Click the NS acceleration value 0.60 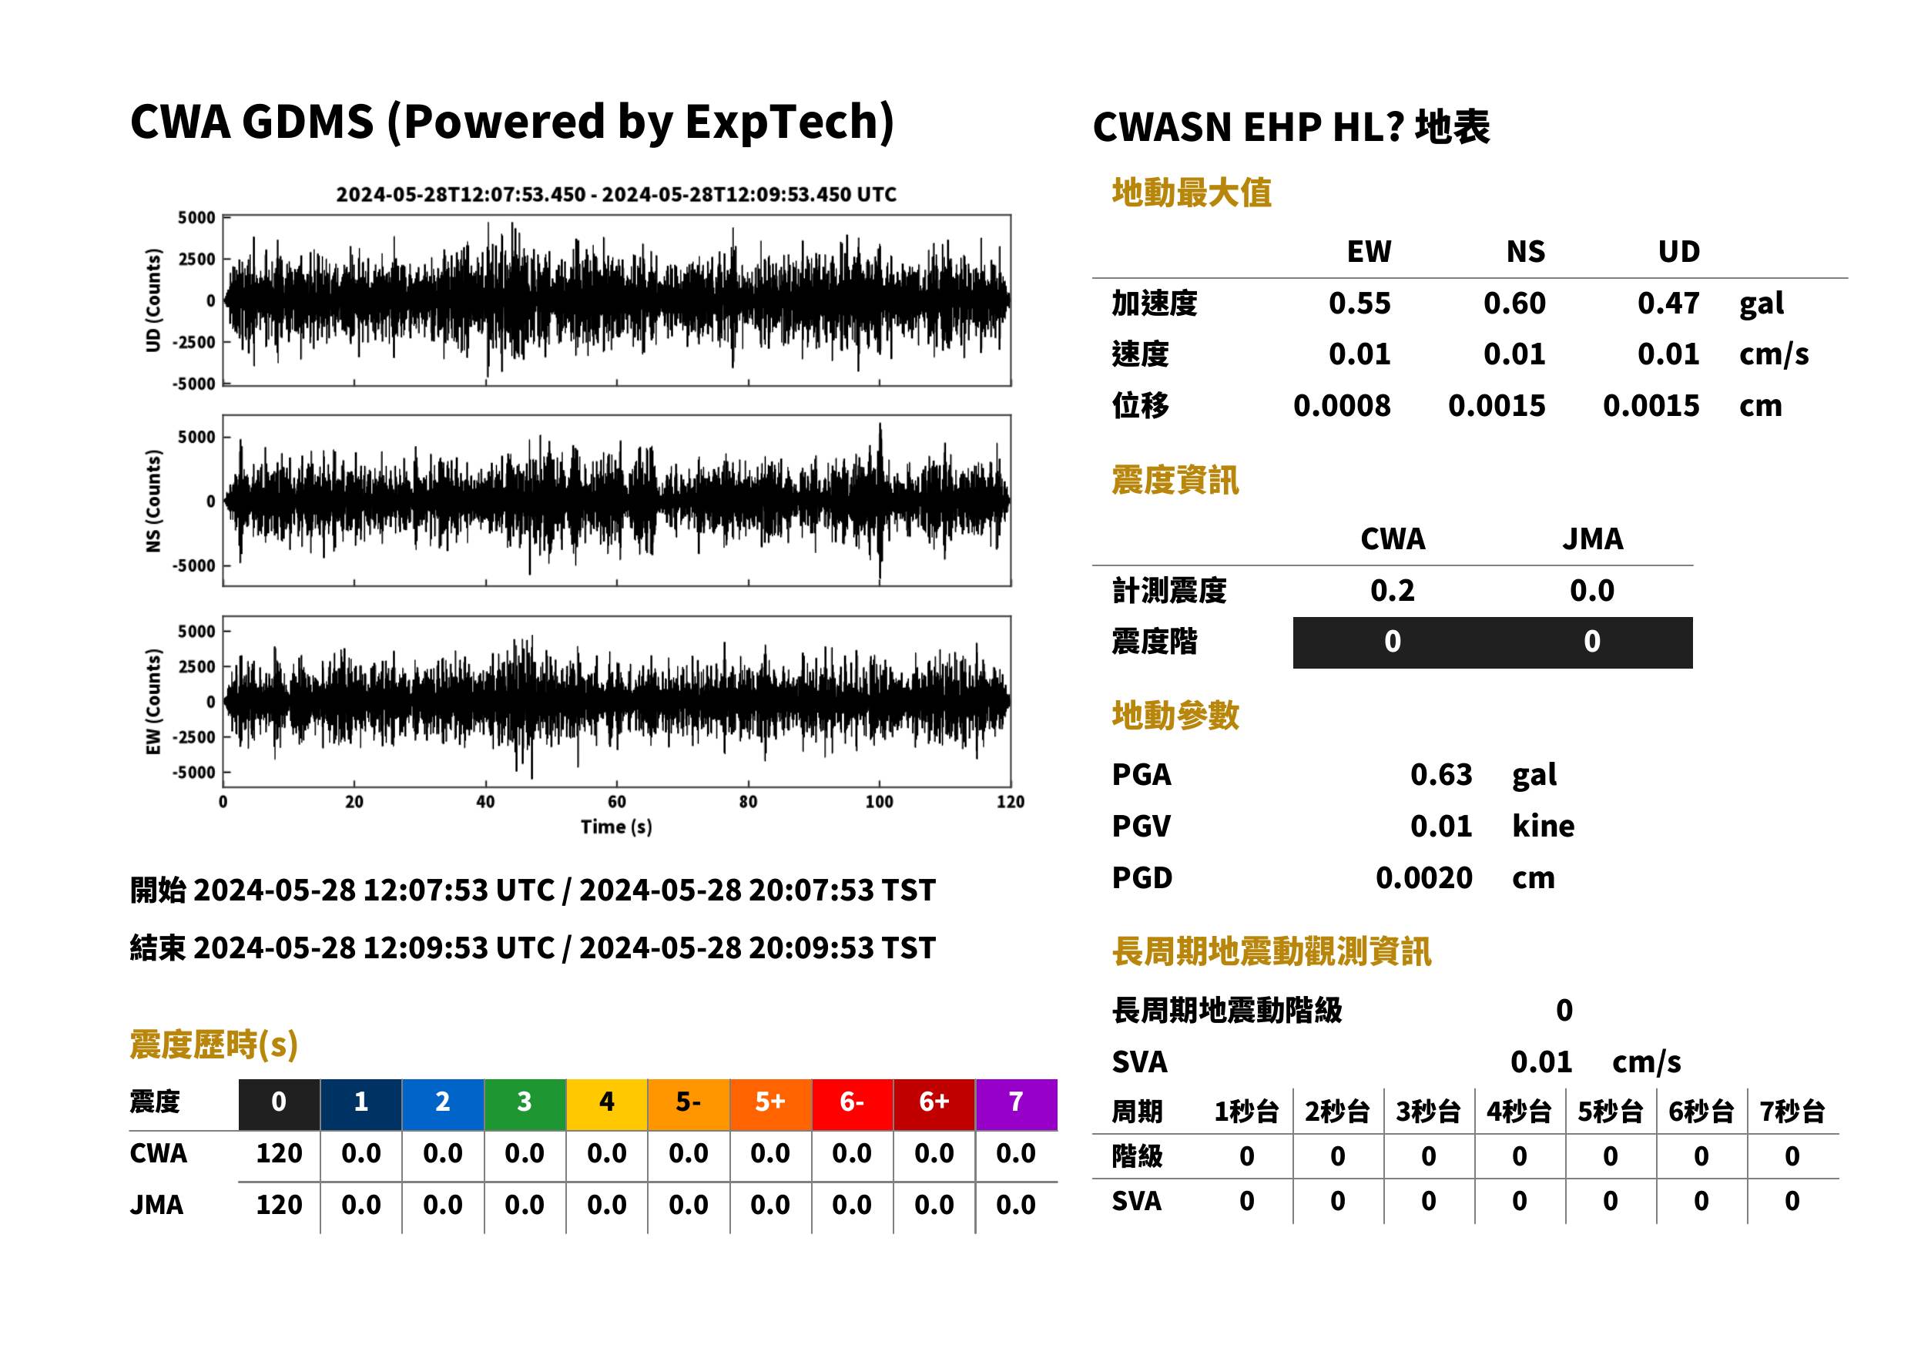click(1514, 304)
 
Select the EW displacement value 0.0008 click(1341, 406)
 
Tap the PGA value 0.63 click(1440, 774)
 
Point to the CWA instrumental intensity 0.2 click(1392, 591)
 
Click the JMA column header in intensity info click(1591, 538)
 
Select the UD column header click(1678, 252)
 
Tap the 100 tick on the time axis click(879, 802)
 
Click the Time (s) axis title click(616, 827)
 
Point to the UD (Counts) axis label click(153, 300)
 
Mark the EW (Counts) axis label click(153, 702)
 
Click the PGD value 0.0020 click(1423, 878)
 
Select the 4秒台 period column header click(1518, 1112)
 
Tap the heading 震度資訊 click(1175, 481)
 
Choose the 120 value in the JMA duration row click(279, 1206)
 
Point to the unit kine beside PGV click(1543, 827)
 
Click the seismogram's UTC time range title click(616, 195)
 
